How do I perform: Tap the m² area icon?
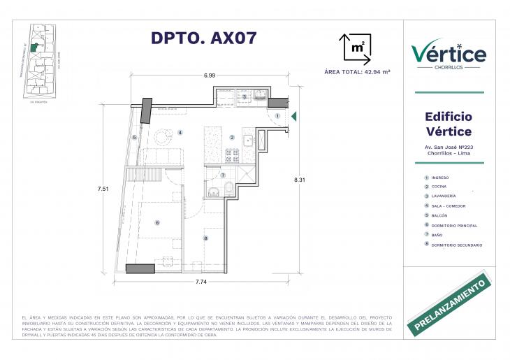pyautogui.click(x=354, y=47)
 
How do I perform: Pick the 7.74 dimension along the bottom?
pyautogui.click(x=201, y=282)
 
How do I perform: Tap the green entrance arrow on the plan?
pyautogui.click(x=295, y=116)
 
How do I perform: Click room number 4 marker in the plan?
pyautogui.click(x=180, y=132)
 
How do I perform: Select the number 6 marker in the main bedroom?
pyautogui.click(x=158, y=223)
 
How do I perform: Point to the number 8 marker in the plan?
pyautogui.click(x=205, y=238)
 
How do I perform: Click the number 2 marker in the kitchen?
pyautogui.click(x=232, y=137)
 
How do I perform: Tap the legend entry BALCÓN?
pyautogui.click(x=440, y=216)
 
